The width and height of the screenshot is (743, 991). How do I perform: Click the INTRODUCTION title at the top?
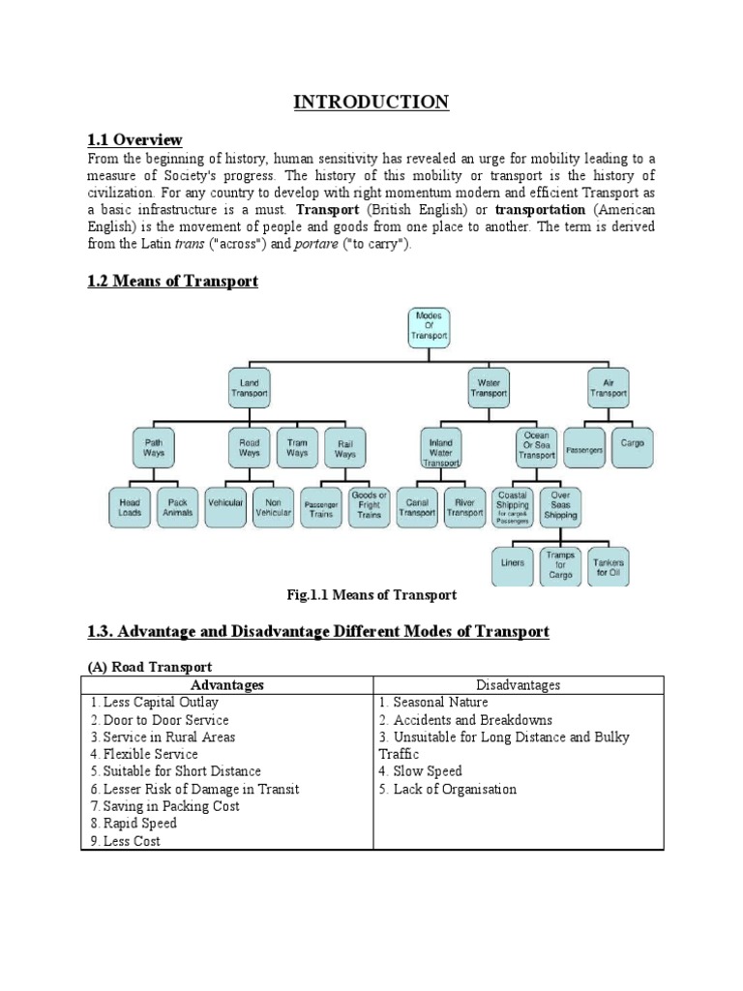(371, 102)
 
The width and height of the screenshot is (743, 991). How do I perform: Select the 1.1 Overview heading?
(134, 140)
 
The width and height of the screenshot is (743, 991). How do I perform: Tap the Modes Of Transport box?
(429, 326)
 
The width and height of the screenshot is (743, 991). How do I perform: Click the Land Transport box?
(249, 389)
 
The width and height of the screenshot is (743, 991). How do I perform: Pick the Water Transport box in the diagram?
(489, 389)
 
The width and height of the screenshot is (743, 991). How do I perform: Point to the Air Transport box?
(608, 389)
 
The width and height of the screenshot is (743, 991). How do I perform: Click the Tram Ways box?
(297, 447)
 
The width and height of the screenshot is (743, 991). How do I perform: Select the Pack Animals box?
(178, 507)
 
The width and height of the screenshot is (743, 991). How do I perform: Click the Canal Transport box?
(417, 507)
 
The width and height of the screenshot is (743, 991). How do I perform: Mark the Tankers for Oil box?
(609, 568)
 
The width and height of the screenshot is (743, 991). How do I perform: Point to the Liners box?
(513, 563)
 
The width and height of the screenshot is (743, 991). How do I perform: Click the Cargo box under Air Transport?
(632, 443)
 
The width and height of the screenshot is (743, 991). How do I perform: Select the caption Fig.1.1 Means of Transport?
(372, 595)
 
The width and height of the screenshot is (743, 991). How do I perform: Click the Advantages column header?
(227, 685)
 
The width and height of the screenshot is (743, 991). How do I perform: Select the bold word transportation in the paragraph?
(540, 210)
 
